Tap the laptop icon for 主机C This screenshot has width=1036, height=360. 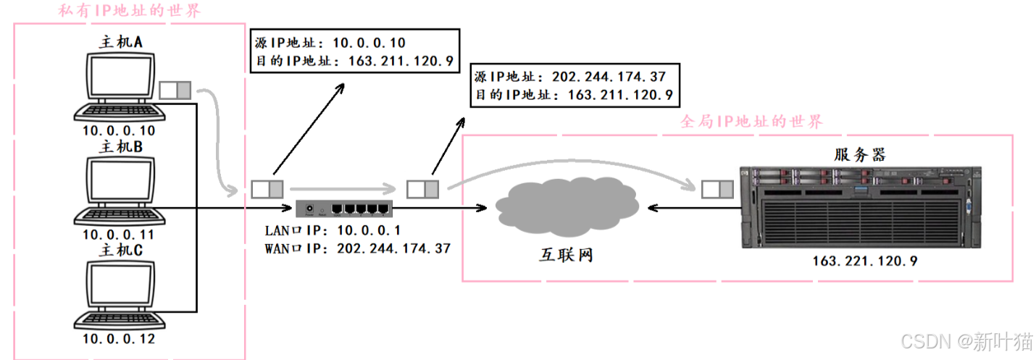118,294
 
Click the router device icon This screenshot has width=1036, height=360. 344,209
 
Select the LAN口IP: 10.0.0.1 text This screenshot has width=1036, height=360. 334,230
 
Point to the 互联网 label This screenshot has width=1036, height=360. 566,255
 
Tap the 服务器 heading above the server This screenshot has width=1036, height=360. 859,154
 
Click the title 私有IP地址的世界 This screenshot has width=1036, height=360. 130,11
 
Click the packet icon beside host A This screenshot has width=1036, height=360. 175,91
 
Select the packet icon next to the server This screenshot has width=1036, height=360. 717,190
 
